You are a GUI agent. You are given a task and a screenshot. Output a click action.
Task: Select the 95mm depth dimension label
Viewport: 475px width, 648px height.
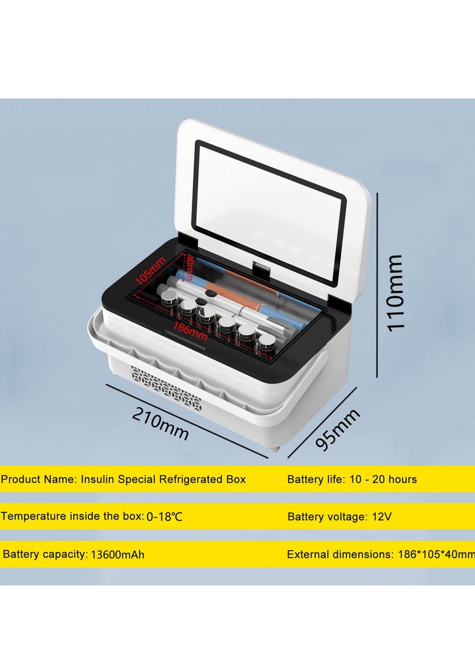(x=338, y=429)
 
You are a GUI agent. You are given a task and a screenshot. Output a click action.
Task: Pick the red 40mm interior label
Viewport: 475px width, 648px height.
(x=187, y=268)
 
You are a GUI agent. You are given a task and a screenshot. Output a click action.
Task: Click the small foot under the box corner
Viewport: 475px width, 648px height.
(x=273, y=448)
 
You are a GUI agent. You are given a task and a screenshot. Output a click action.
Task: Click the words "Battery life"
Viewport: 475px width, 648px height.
(x=313, y=479)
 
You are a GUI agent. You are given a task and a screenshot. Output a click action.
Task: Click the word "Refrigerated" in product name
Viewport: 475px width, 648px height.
(x=189, y=479)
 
